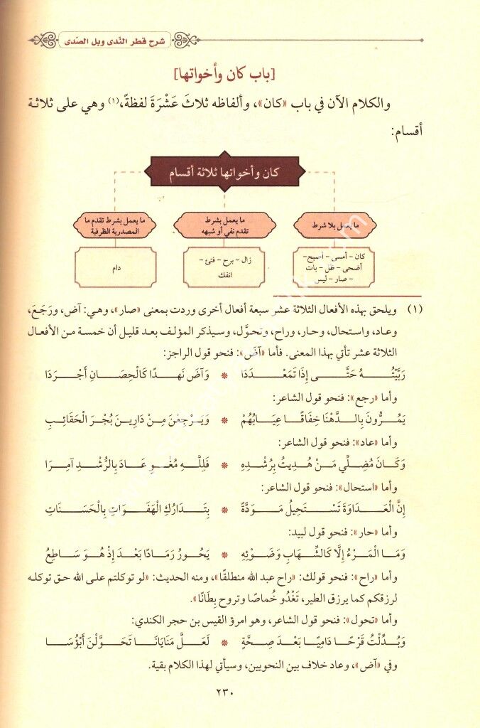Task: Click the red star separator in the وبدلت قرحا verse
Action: pyautogui.click(x=227, y=640)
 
